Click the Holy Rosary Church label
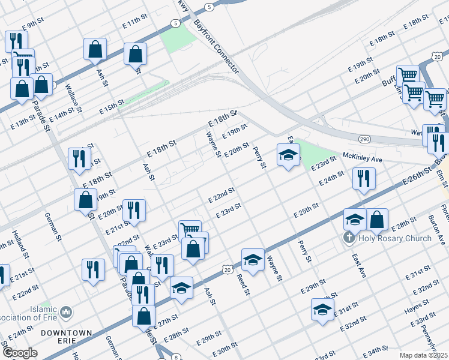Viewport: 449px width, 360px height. (x=395, y=238)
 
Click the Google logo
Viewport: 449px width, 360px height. (x=20, y=352)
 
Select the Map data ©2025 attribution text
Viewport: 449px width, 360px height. (x=423, y=355)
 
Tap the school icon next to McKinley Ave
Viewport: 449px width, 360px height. (x=288, y=155)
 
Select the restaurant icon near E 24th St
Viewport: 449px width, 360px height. (x=364, y=179)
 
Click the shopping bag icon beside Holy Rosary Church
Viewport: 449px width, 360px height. (x=377, y=220)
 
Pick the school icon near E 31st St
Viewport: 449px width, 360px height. (x=322, y=310)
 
